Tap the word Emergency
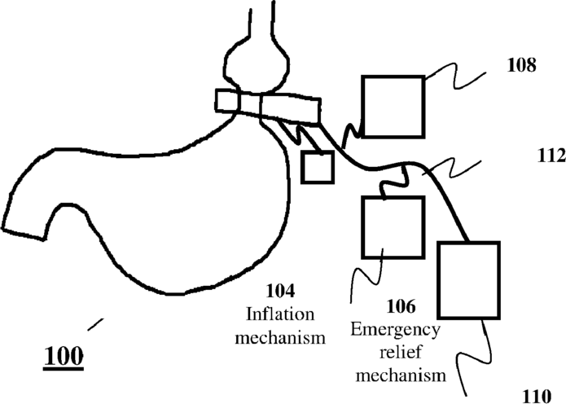pos(396,330)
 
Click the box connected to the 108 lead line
pos(393,106)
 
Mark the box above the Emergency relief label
pos(392,227)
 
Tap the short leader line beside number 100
pos(95,323)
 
